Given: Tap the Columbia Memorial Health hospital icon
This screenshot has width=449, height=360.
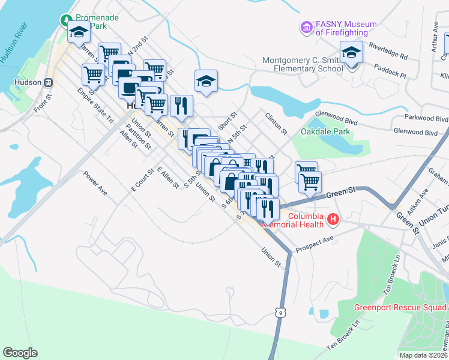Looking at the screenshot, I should [x=334, y=221].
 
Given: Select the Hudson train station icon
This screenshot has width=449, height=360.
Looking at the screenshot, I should [x=50, y=82].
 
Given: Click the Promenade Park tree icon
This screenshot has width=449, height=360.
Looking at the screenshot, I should [x=65, y=21].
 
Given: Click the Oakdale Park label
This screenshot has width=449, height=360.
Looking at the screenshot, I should [x=325, y=131].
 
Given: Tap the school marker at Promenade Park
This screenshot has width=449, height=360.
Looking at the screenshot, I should [x=78, y=33].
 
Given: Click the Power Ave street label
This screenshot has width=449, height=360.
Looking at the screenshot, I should [x=95, y=183].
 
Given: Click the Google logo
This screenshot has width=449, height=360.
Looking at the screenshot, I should [x=20, y=353].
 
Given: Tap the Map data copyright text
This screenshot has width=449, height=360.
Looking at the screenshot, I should [x=423, y=355].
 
